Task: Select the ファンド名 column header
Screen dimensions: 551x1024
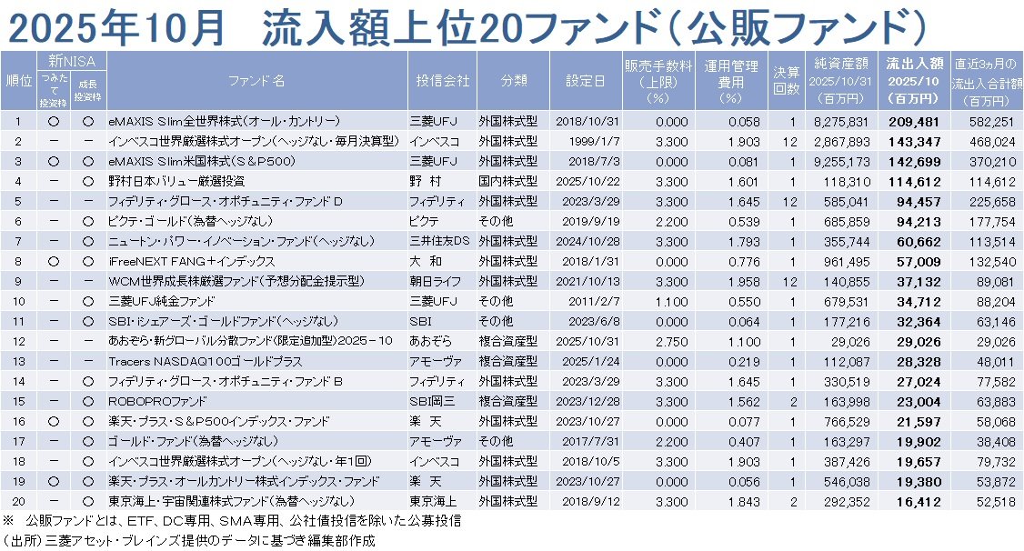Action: point(256,80)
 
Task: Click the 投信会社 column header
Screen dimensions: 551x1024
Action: point(443,80)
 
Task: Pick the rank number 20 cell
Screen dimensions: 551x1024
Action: point(17,500)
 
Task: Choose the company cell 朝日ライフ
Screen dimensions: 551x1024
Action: point(443,280)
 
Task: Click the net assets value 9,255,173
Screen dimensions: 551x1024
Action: point(841,160)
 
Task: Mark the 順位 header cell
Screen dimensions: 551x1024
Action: point(17,80)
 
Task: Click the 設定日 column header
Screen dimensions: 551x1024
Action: point(585,80)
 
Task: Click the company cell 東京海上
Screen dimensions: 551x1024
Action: point(443,500)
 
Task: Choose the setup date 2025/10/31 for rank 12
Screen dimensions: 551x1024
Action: point(585,340)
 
